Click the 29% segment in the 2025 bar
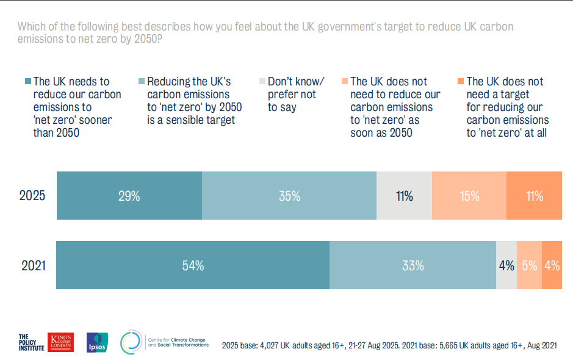129,196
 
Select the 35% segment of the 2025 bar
289,196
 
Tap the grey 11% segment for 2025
404,196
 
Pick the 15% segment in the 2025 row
469,196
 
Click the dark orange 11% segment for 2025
534,196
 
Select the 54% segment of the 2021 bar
193,265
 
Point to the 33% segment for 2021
413,265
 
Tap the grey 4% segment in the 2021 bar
506,265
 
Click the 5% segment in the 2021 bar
529,265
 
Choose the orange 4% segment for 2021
552,265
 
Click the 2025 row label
32,196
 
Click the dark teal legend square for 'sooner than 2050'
28,82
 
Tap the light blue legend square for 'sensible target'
142,82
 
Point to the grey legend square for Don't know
262,82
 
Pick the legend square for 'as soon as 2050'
345,82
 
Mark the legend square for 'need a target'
461,82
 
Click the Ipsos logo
98,342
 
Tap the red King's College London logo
63,342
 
